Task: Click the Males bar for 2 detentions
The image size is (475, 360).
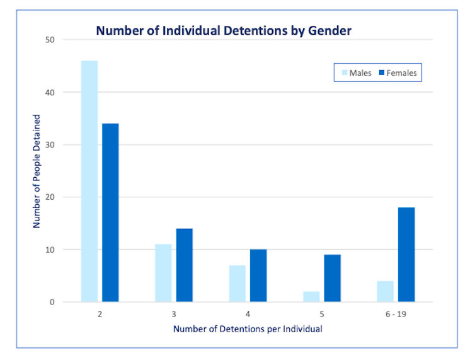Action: coord(89,181)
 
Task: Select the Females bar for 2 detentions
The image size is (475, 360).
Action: coord(110,212)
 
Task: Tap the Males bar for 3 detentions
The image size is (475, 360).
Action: coord(163,273)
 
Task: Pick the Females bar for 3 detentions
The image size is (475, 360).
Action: coord(185,265)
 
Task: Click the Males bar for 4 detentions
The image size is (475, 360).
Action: coord(237,283)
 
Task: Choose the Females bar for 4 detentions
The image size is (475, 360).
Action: coord(258,276)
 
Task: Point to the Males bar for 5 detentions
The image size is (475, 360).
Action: coord(311,296)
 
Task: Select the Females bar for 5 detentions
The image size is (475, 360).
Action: coord(332,278)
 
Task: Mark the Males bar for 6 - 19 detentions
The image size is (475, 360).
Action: coord(385,291)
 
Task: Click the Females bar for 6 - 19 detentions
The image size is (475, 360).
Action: coord(406,255)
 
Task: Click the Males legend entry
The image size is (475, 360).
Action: coord(356,73)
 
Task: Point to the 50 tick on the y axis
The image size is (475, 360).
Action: coord(50,40)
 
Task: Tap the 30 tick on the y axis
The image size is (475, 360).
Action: coord(50,144)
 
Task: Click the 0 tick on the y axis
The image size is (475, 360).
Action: coord(52,302)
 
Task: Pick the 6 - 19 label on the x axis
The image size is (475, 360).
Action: coord(396,313)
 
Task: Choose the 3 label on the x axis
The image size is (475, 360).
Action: coord(174,313)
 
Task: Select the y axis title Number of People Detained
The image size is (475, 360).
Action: coord(37,171)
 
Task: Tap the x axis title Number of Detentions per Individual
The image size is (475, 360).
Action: coord(247,328)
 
